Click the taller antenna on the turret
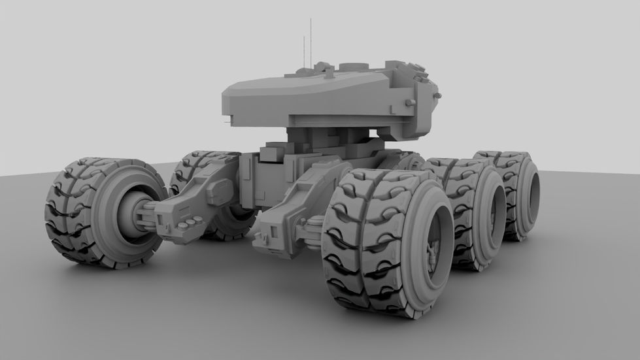pyautogui.click(x=311, y=39)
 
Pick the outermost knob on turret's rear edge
pyautogui.click(x=436, y=96)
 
